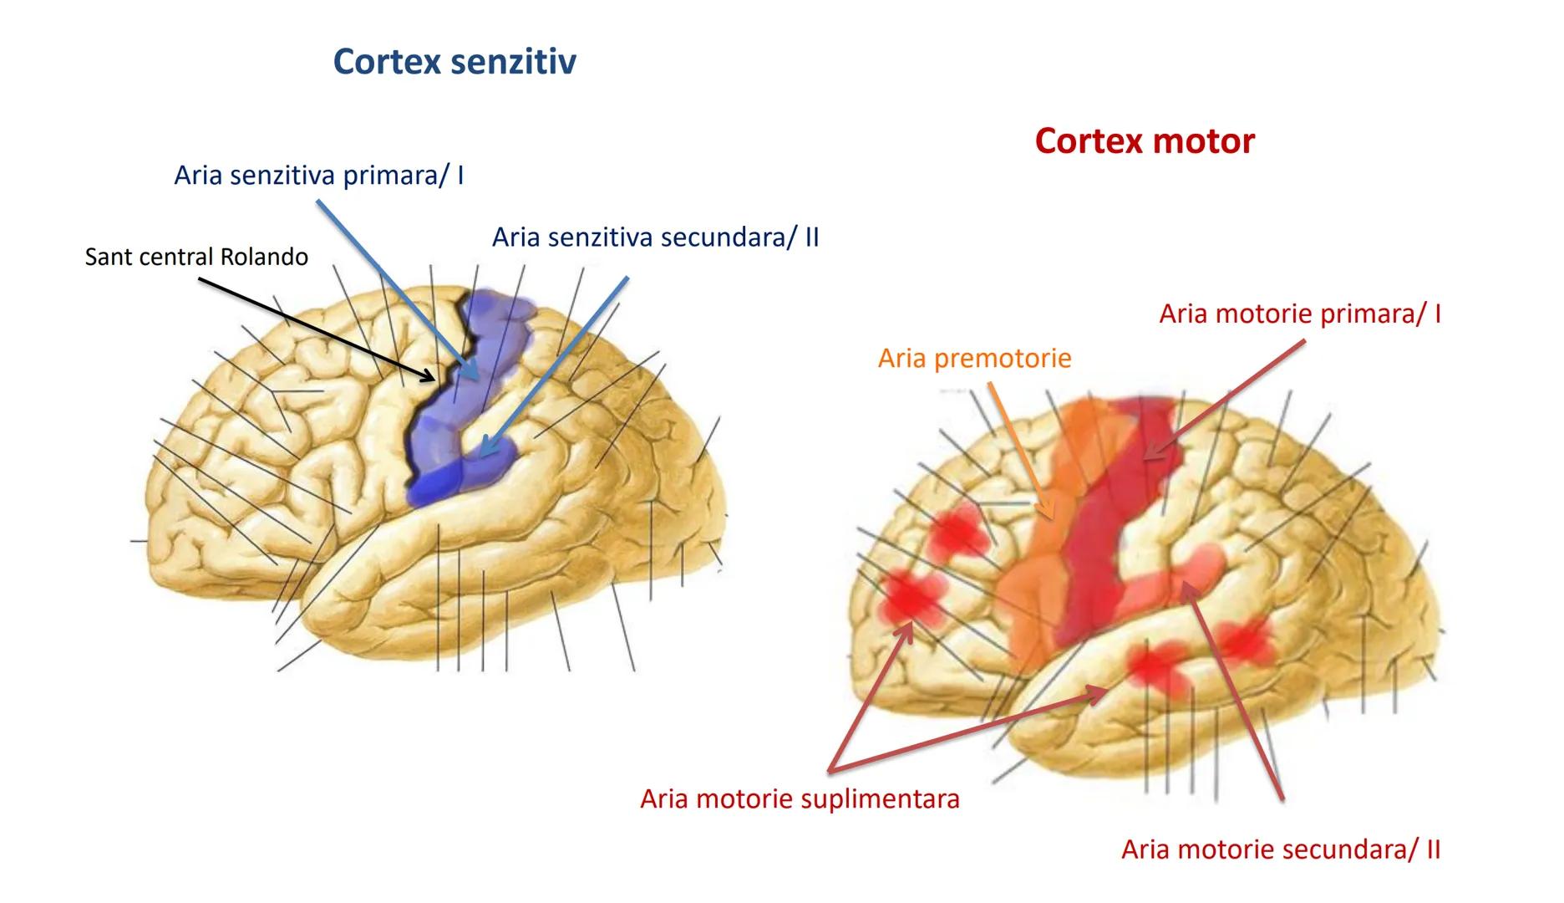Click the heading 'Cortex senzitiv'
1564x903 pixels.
pos(454,62)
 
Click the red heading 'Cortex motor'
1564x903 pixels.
pos(1144,140)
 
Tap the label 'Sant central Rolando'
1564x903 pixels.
pos(196,257)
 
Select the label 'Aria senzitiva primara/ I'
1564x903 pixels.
pos(318,176)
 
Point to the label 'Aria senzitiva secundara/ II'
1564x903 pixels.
pos(655,237)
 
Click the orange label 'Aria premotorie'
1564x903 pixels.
pos(974,359)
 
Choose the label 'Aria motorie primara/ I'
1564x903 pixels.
pos(1299,314)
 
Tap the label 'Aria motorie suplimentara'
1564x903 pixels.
pos(800,799)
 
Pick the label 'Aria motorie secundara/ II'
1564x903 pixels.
pos(1280,849)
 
